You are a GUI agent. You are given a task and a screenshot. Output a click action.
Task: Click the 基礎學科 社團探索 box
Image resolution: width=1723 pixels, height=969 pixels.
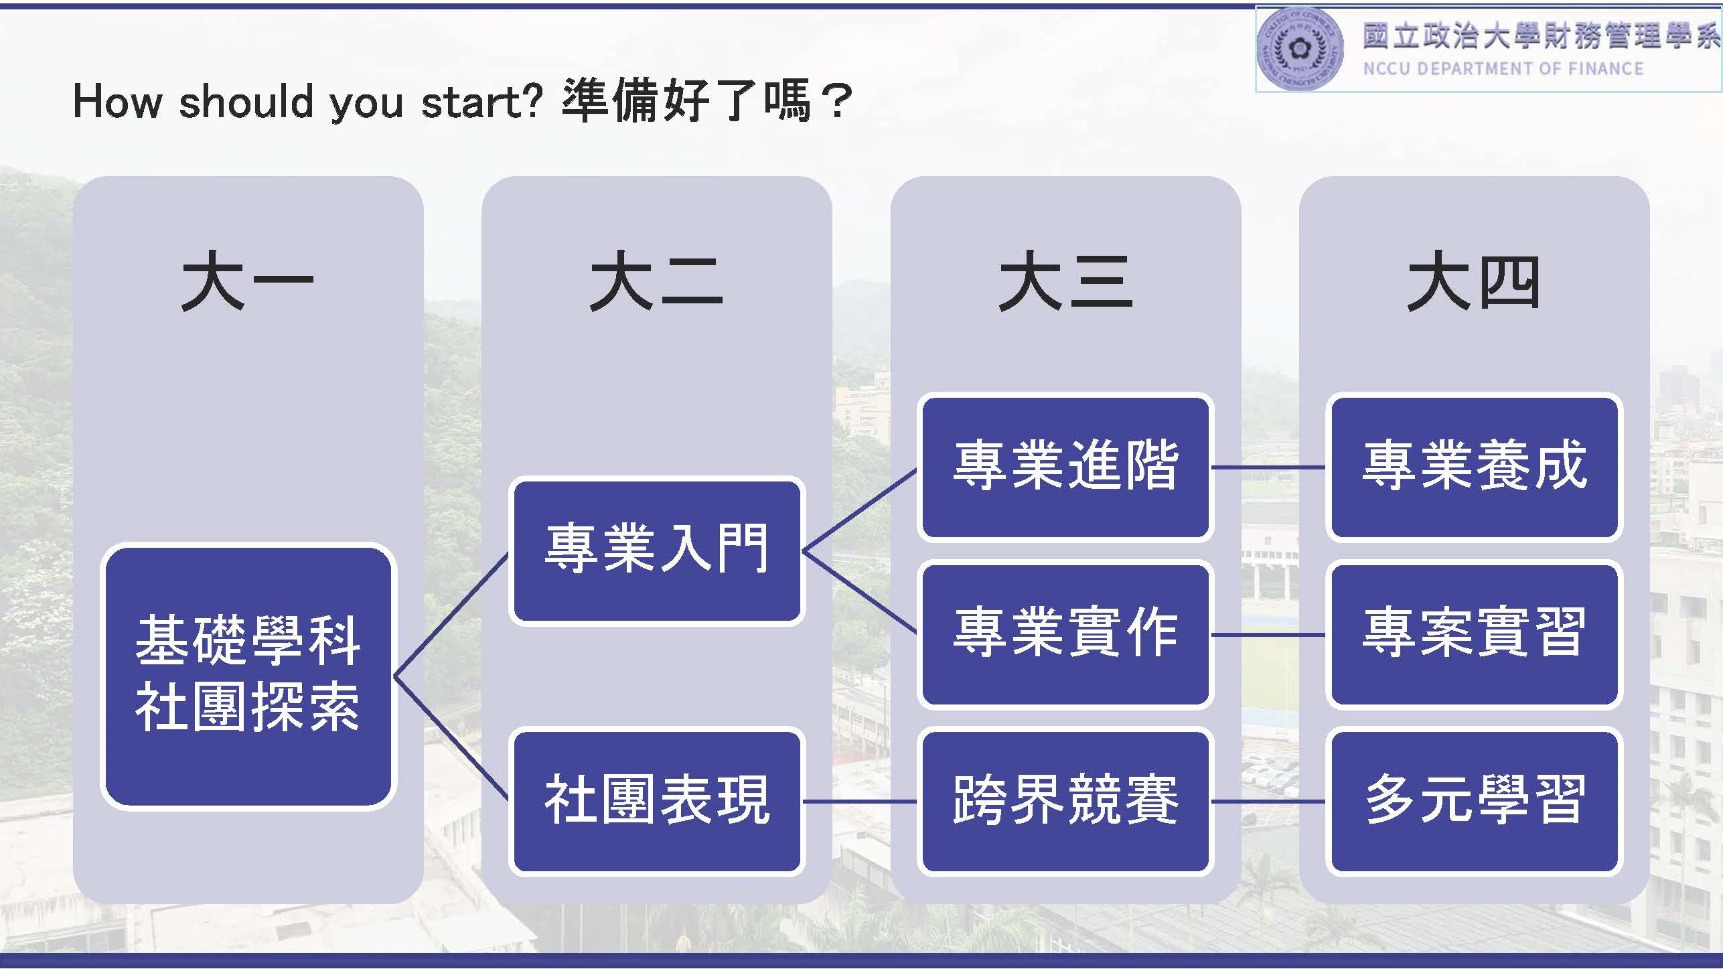[x=248, y=676]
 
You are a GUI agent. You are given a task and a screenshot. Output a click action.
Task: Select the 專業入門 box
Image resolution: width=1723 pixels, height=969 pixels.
[x=657, y=551]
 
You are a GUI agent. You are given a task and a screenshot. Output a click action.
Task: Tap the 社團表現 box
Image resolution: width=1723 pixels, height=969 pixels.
[x=657, y=802]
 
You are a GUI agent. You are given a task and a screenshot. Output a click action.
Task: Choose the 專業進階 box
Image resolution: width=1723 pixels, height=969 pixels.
[x=1065, y=467]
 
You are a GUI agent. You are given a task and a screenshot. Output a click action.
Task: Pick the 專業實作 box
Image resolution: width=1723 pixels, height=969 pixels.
[x=1065, y=634]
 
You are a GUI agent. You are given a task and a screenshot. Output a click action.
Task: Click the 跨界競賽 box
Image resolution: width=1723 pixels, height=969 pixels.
[x=1065, y=802]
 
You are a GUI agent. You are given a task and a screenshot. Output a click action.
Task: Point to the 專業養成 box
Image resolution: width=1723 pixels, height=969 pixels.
[x=1474, y=467]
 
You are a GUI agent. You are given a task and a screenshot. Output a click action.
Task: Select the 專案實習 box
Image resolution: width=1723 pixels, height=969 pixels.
[x=1474, y=634]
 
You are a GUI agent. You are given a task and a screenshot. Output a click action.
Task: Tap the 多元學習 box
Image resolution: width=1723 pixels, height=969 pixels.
[x=1474, y=802]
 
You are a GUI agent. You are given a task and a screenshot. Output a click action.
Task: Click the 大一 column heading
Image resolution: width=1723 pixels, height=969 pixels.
[x=247, y=281]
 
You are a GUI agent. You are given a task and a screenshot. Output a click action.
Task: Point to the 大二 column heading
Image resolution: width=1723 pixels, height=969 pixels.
[x=656, y=281]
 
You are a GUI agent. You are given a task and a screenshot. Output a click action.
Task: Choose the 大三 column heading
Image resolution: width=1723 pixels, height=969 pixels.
[x=1065, y=281]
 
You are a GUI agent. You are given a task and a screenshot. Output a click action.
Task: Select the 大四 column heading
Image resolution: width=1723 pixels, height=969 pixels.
[x=1473, y=281]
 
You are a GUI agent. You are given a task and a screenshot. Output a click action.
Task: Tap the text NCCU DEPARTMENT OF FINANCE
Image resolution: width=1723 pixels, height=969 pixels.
[x=1503, y=69]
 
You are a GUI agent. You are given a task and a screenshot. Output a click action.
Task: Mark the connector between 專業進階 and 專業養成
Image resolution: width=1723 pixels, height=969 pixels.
[x=1270, y=467]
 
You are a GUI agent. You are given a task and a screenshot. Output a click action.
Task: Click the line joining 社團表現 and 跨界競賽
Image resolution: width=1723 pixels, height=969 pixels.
[x=861, y=802]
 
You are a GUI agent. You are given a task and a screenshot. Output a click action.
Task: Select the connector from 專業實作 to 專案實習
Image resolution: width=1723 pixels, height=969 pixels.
[x=1270, y=634]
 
